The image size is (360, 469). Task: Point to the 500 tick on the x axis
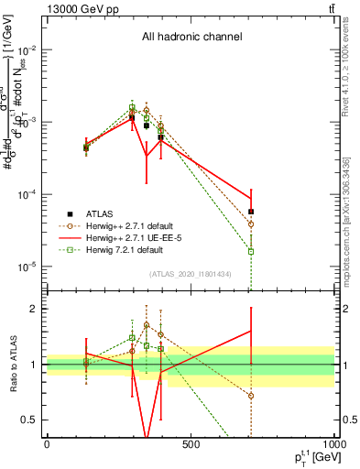[x=191, y=444]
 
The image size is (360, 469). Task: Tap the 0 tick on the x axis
[x=47, y=444]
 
